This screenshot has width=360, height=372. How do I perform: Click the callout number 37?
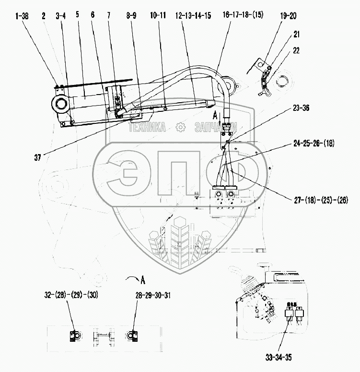pos(37,157)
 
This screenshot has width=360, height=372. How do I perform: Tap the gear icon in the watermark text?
pos(180,127)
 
